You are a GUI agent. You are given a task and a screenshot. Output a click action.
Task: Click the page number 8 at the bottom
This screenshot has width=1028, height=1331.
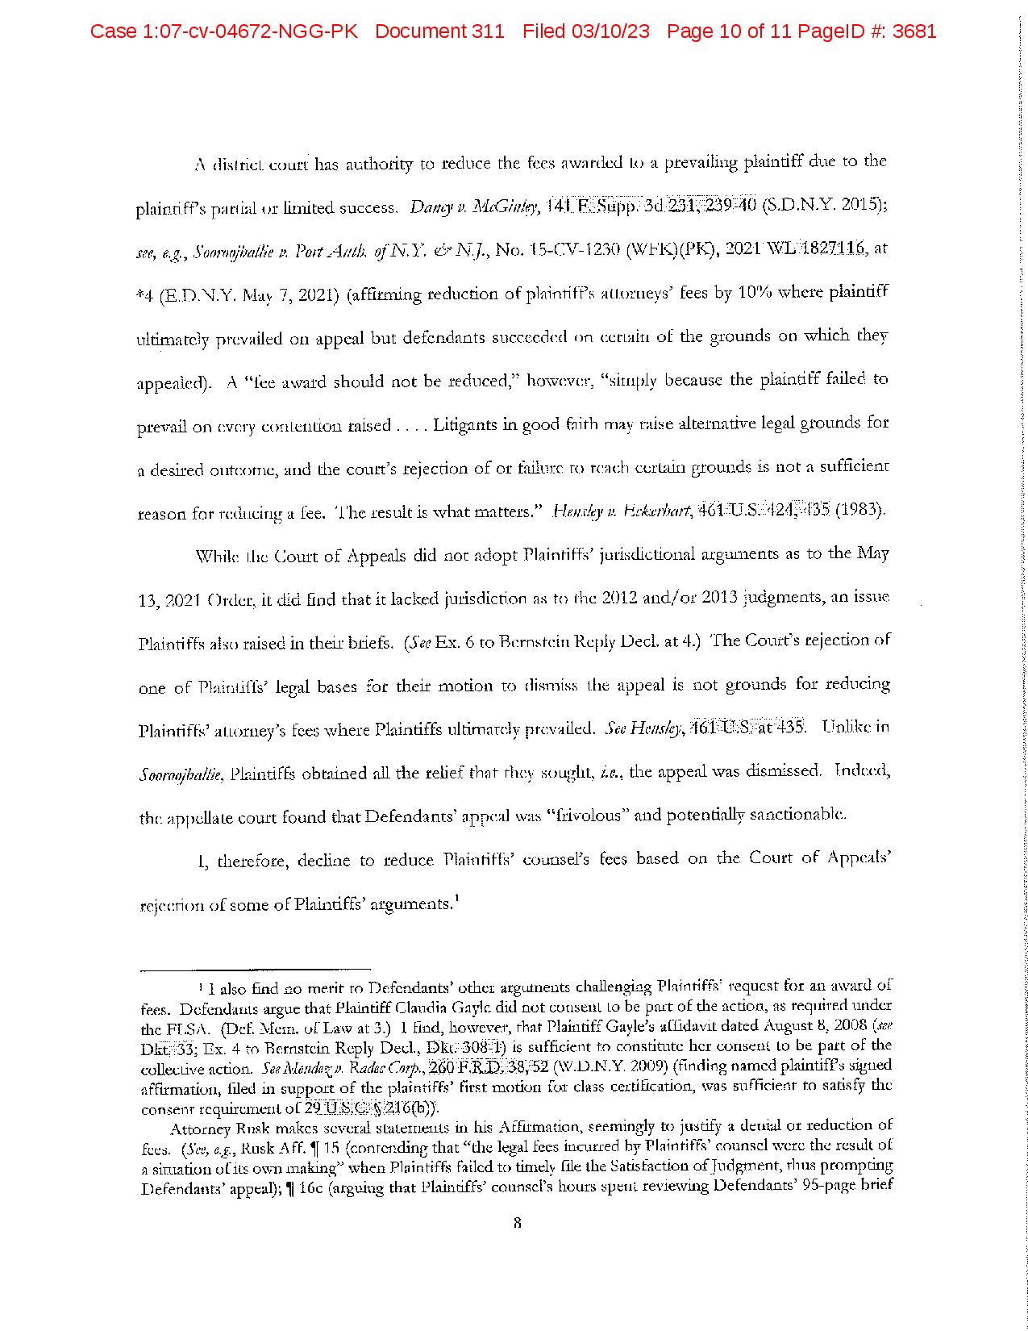(517, 1223)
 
